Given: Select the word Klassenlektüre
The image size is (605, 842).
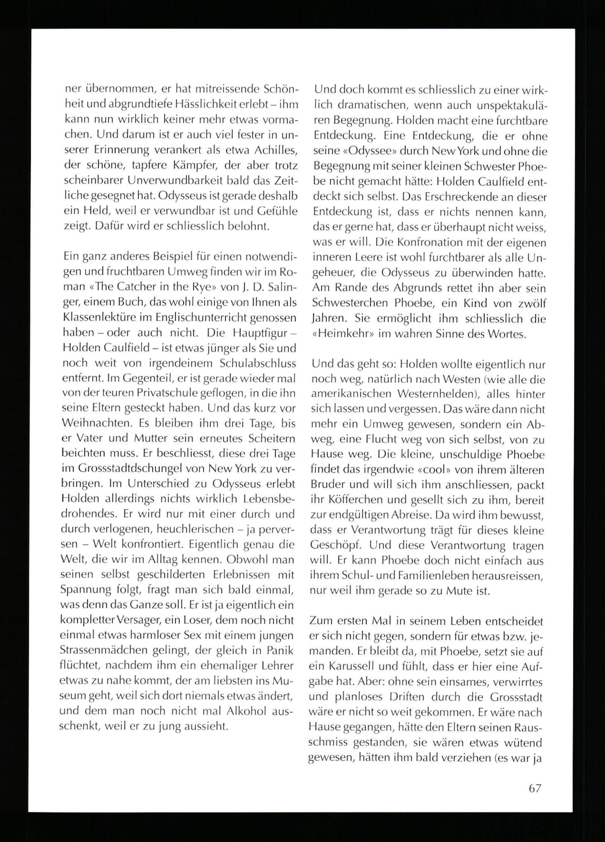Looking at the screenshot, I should point(105,318).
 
